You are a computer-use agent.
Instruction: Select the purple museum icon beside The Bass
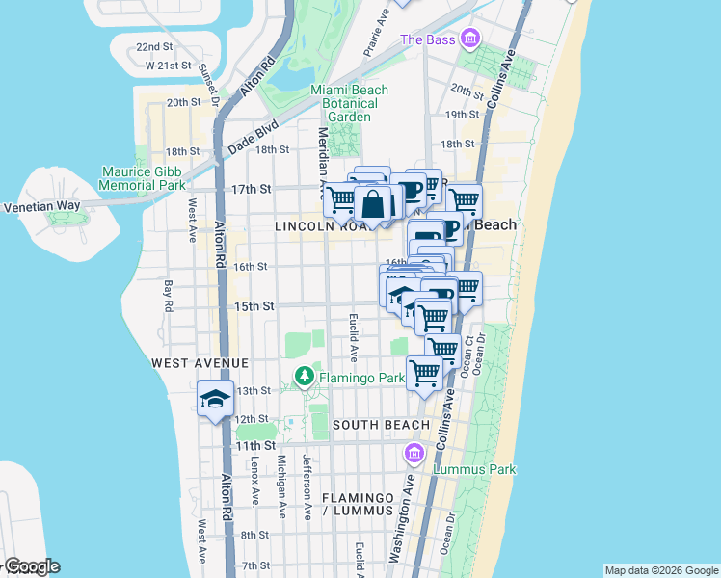tap(469, 39)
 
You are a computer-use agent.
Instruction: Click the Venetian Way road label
tap(36, 206)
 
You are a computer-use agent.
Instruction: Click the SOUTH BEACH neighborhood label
tap(381, 425)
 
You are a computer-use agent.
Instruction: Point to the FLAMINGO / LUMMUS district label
tap(358, 504)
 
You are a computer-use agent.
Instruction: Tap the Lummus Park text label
tap(477, 469)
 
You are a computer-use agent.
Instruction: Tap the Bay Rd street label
tap(169, 296)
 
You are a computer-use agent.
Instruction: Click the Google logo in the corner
tap(31, 566)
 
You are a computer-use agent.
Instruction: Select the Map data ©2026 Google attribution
tap(660, 570)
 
